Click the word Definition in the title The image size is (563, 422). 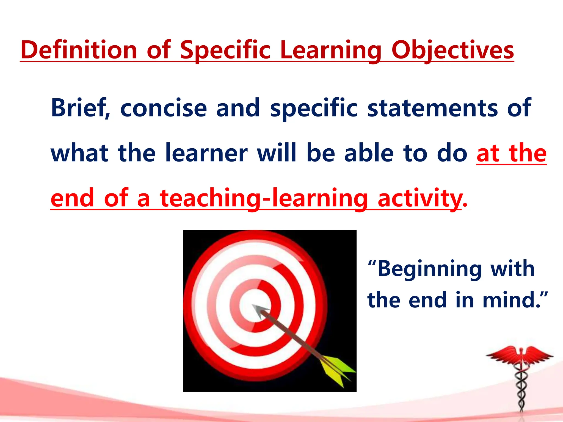[x=79, y=50]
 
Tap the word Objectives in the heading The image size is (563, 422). [x=452, y=50]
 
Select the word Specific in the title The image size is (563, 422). [x=225, y=50]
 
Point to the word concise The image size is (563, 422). [x=164, y=108]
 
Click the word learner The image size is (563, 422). [x=206, y=153]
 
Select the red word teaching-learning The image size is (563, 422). [x=264, y=198]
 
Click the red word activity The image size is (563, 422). [x=419, y=198]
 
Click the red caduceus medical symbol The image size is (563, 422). [x=520, y=379]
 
